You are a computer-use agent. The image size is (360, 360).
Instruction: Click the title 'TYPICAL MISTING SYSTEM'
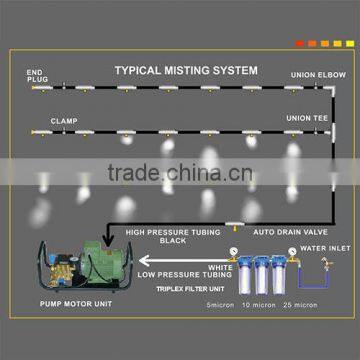(x=185, y=71)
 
